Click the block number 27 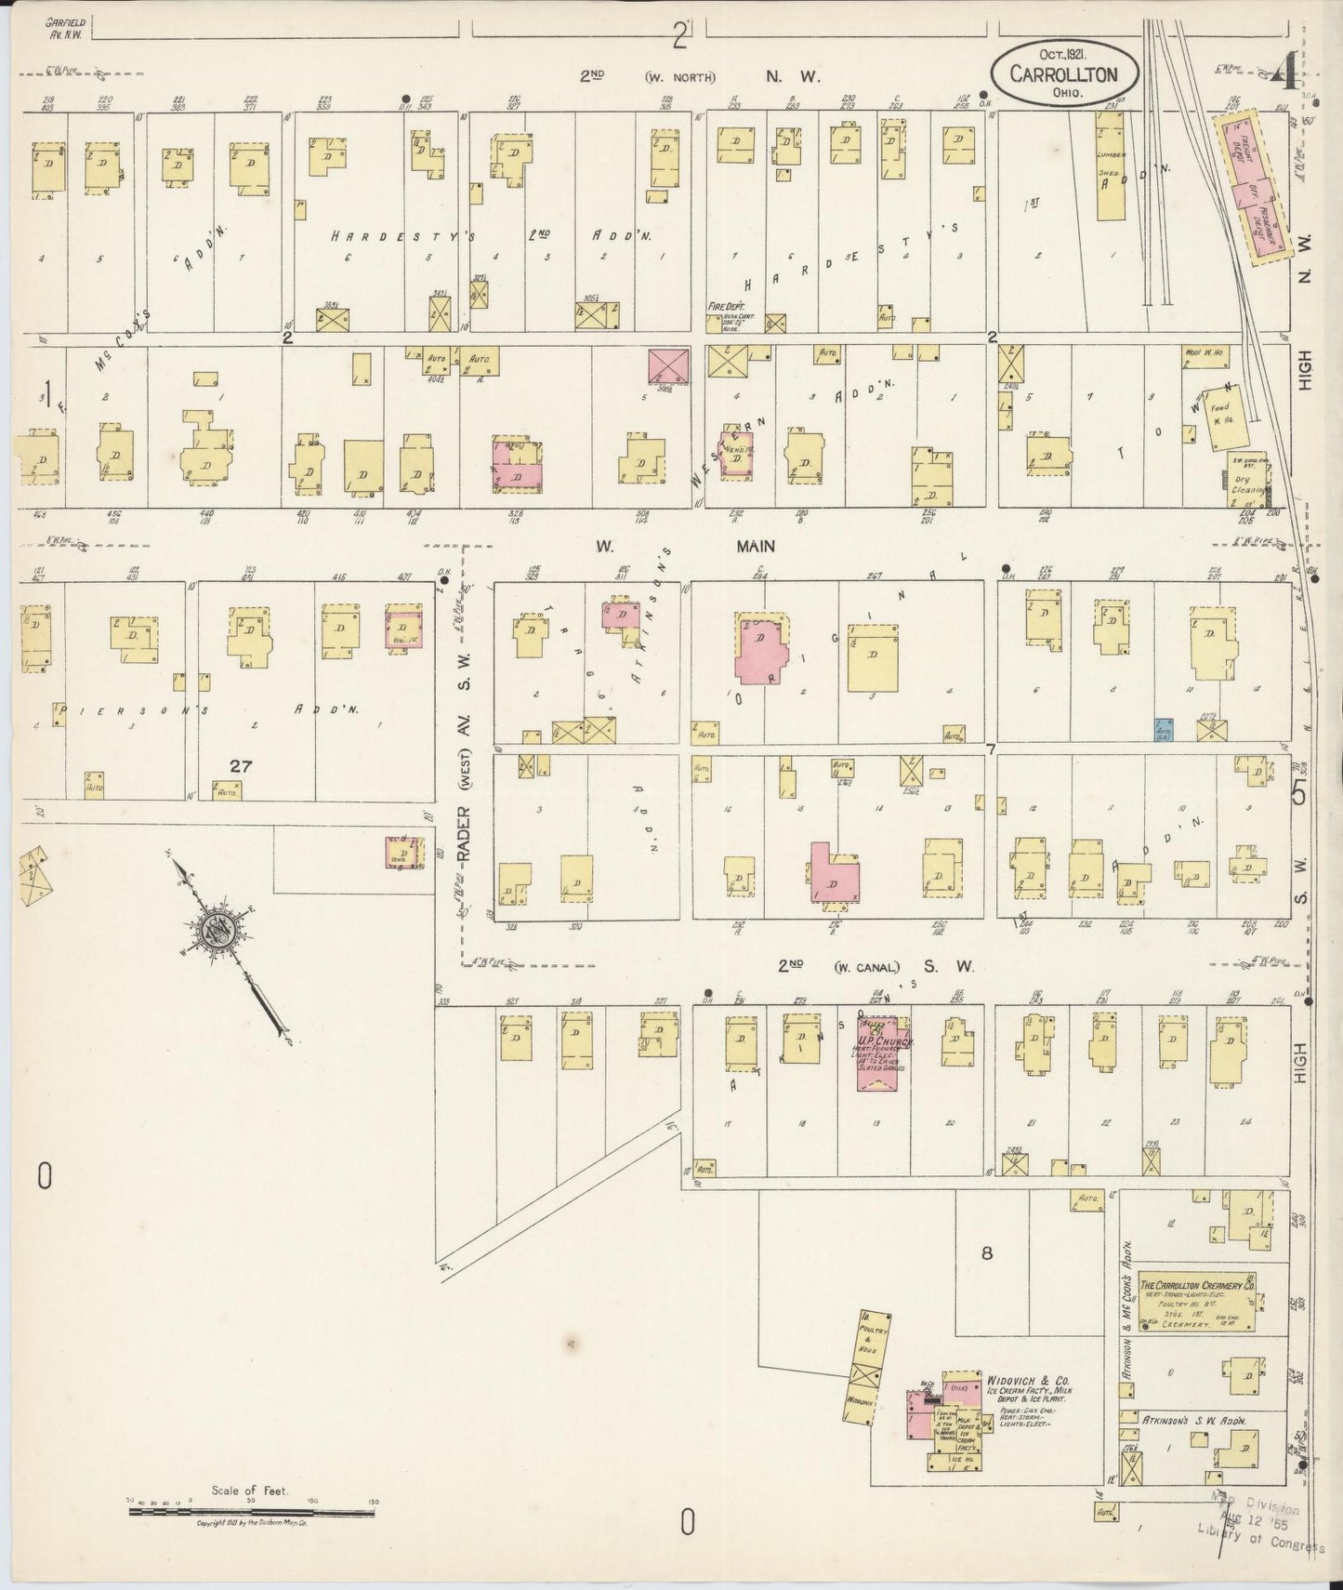pos(241,765)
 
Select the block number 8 pos(986,1253)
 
